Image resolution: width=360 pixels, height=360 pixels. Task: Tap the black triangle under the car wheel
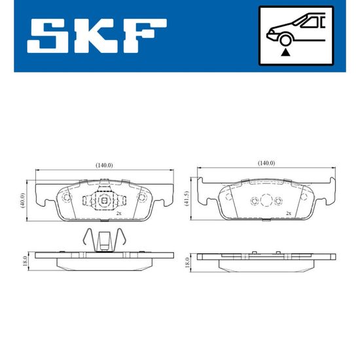coord(285,52)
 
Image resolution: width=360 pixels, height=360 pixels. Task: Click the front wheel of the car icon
coord(285,40)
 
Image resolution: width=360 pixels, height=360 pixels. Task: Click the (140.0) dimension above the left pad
coord(104,165)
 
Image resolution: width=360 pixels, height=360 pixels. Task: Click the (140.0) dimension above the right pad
coord(266,163)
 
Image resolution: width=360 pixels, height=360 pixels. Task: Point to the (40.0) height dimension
coord(22,200)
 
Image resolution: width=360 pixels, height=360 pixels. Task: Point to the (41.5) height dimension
coord(187,198)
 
